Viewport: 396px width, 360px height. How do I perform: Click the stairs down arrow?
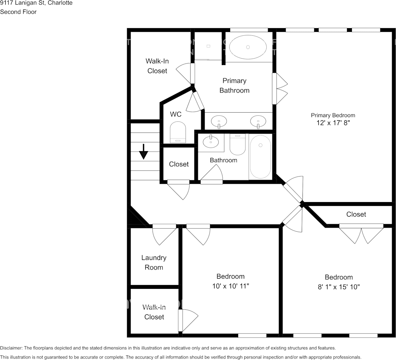coord(143,151)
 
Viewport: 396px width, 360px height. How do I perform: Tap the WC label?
coord(176,114)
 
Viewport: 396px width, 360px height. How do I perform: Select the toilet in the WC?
coord(178,132)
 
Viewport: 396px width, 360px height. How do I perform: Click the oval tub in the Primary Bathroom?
coord(248,47)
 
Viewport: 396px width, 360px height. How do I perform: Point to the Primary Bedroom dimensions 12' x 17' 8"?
coord(333,123)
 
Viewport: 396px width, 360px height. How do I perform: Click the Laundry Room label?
coord(154,263)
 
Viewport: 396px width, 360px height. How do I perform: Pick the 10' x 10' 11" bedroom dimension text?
coord(231,286)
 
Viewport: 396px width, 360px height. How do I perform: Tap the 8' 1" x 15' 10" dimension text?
coord(339,287)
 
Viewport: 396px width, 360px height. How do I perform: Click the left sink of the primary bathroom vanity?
coord(219,121)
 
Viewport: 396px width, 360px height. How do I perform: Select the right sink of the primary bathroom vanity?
coord(258,121)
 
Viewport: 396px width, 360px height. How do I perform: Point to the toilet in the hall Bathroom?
coord(238,144)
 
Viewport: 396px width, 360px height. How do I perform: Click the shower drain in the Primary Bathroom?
coord(208,46)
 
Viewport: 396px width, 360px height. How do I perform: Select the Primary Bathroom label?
coord(234,86)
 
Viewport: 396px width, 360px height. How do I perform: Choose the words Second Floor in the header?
coord(18,12)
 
